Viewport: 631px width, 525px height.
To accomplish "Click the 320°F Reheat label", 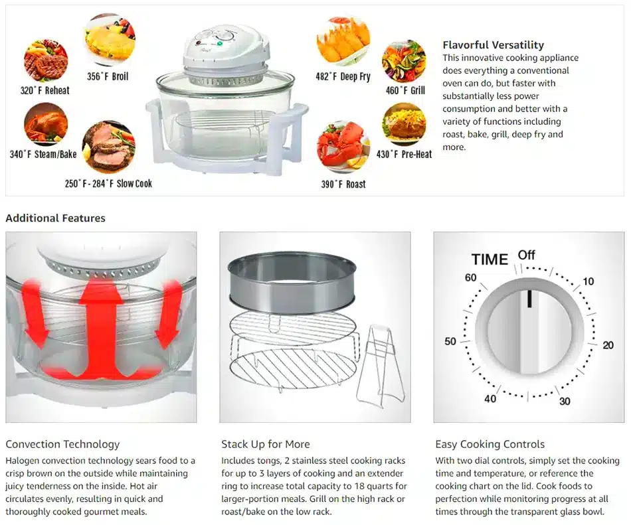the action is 45,90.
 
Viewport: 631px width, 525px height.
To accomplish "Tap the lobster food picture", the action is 343,146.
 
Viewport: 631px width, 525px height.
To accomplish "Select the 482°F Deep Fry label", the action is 343,76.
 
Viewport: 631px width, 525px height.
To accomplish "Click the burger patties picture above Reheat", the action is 45,60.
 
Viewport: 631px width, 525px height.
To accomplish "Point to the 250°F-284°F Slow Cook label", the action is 109,184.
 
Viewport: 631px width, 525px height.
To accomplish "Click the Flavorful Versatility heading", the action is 493,45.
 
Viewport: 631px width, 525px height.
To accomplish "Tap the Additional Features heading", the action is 56,218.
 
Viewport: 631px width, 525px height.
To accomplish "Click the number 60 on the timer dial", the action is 470,277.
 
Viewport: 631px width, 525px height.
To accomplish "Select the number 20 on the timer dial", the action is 608,345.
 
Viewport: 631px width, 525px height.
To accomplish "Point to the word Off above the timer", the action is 526,255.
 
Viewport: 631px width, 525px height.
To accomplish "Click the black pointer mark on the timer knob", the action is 529,299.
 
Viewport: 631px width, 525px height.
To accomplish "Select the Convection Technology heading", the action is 63,444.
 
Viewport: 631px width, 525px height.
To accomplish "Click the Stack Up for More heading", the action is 266,444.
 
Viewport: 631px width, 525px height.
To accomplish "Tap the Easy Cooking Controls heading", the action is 490,444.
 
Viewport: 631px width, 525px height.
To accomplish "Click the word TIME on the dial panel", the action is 490,260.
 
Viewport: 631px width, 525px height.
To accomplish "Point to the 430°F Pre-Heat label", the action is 404,155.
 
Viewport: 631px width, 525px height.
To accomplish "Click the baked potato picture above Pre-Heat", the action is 404,124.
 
